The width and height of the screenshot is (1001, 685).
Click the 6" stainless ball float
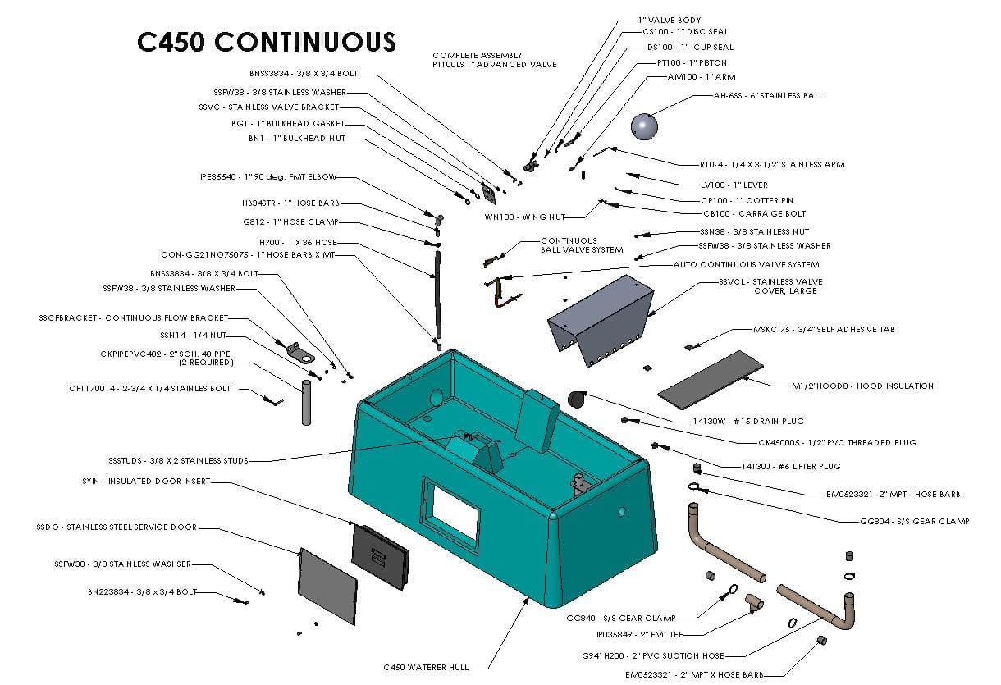click(644, 126)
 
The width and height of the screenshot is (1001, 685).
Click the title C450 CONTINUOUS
click(266, 41)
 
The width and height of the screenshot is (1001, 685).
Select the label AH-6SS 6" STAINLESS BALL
click(768, 96)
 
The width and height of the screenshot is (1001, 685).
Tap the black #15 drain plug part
click(577, 399)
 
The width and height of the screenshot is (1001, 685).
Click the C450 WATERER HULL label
click(426, 667)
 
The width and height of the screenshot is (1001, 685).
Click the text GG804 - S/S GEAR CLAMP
click(914, 521)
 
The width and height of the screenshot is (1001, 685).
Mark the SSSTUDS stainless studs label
click(177, 460)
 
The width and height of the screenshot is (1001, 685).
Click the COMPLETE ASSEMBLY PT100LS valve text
click(495, 60)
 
